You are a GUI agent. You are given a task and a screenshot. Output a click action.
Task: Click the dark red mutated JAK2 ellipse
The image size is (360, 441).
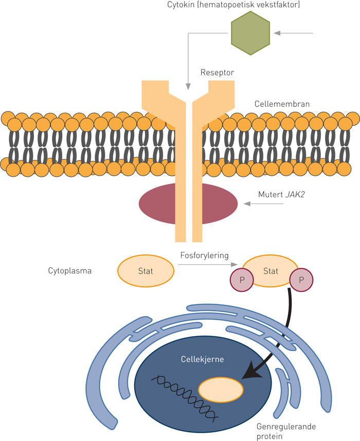point(188,204)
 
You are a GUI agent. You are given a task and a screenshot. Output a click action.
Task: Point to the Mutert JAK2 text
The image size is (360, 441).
point(278,195)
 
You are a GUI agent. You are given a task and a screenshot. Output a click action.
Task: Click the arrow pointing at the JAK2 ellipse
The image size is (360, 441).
point(263,204)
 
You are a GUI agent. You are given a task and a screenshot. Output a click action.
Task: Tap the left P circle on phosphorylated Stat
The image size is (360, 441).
point(241,281)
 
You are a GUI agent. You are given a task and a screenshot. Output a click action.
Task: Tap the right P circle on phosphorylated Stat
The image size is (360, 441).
point(301,281)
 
